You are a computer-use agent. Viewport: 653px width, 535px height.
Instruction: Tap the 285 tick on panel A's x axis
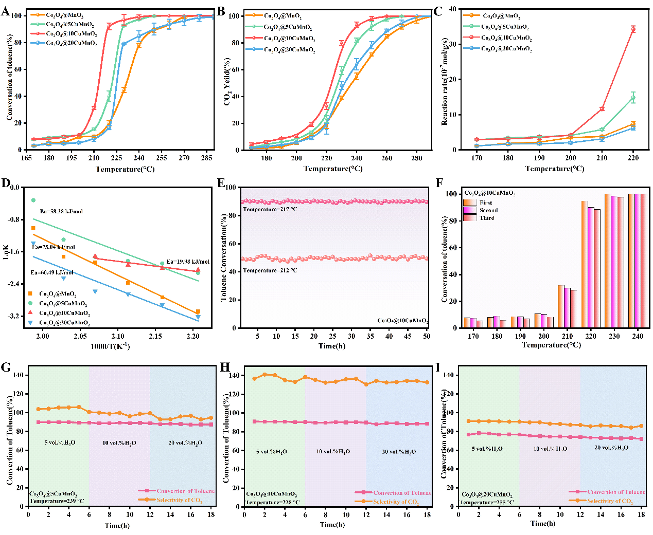coord(206,158)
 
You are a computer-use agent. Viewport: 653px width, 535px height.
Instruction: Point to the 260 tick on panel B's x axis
coord(386,158)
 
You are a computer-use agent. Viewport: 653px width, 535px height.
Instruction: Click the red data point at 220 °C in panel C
coord(633,29)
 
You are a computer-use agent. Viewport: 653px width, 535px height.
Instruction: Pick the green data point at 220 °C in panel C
coord(633,98)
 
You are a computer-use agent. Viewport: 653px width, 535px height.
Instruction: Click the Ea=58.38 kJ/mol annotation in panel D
coord(61,211)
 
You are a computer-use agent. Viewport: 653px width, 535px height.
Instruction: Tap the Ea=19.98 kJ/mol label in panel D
coord(188,262)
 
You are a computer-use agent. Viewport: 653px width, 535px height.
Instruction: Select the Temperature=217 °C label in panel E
coord(270,210)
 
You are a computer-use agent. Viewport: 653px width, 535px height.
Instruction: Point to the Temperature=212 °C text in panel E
coord(270,270)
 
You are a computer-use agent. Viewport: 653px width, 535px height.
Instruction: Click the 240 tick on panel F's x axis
coord(638,336)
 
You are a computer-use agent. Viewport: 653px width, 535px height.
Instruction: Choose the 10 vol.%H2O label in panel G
coord(119,443)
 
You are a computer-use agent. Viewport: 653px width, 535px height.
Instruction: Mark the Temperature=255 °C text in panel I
coord(486,502)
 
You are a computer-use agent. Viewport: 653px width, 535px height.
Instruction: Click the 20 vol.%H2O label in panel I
coord(611,448)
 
